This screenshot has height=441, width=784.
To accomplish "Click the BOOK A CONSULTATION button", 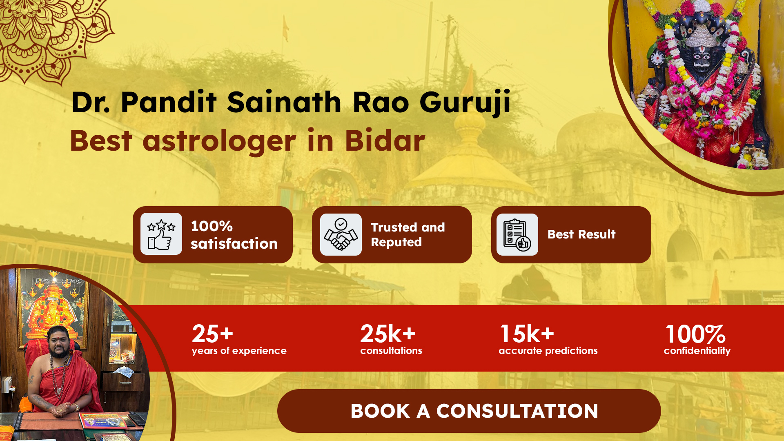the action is coord(469,411).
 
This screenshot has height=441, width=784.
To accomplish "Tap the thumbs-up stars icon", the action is coord(161,234).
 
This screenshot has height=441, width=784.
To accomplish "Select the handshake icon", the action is coord(341,234).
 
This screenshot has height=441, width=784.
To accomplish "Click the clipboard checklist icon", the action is coord(517,235).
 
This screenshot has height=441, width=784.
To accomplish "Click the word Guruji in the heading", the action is coord(465,102).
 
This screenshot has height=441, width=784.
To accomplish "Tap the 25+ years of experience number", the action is coord(212,334).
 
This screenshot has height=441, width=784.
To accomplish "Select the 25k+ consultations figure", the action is coord(388,334).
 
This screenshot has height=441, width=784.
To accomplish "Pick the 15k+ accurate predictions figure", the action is coord(527,334).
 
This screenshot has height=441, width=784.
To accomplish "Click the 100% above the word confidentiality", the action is coord(695,334).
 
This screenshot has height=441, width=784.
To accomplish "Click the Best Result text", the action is coord(581,234).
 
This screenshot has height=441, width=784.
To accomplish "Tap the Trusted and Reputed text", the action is coord(408,235).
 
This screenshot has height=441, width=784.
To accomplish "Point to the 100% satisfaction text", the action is coord(234,235).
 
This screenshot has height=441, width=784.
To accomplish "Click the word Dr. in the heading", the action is coord(91,102).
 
